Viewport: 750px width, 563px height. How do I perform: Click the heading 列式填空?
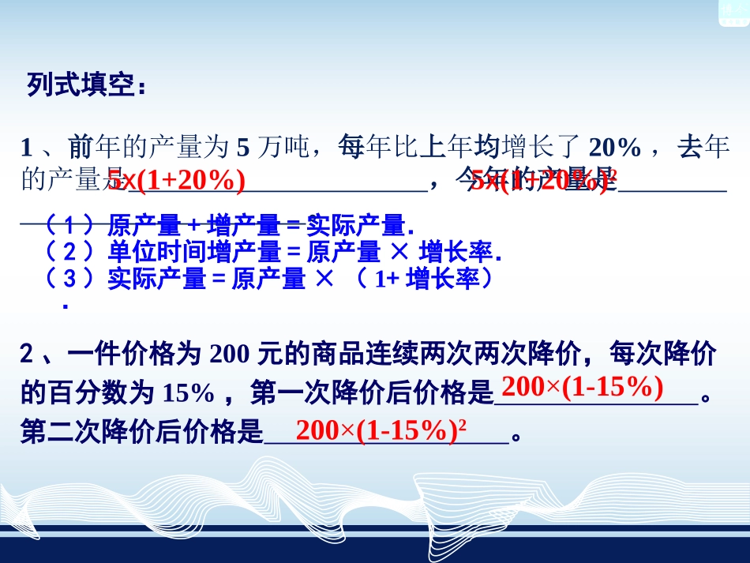click(x=87, y=85)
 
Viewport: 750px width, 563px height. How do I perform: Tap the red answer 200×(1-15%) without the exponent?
click(x=582, y=388)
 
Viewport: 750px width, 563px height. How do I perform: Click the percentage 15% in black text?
click(x=189, y=392)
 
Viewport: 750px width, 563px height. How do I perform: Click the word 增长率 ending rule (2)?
click(x=459, y=252)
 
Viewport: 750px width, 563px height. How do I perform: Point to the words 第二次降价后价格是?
click(x=141, y=432)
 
